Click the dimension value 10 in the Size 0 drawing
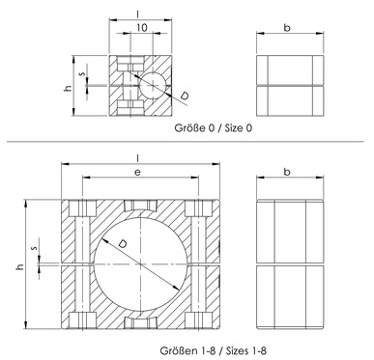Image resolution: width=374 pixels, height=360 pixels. [141, 28]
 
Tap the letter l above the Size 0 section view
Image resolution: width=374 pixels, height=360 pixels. [138, 14]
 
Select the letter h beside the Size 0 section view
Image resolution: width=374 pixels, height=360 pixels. [68, 88]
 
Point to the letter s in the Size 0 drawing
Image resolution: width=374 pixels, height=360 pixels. [83, 73]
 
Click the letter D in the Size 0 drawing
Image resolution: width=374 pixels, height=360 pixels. [185, 96]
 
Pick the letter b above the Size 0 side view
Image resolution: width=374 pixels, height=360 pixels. [287, 28]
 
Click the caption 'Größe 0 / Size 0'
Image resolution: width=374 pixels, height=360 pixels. [214, 128]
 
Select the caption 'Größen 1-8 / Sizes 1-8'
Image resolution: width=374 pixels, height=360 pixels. [214, 350]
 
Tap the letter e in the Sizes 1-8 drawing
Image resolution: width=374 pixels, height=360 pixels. [137, 172]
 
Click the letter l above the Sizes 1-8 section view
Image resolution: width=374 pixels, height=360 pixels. [138, 158]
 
